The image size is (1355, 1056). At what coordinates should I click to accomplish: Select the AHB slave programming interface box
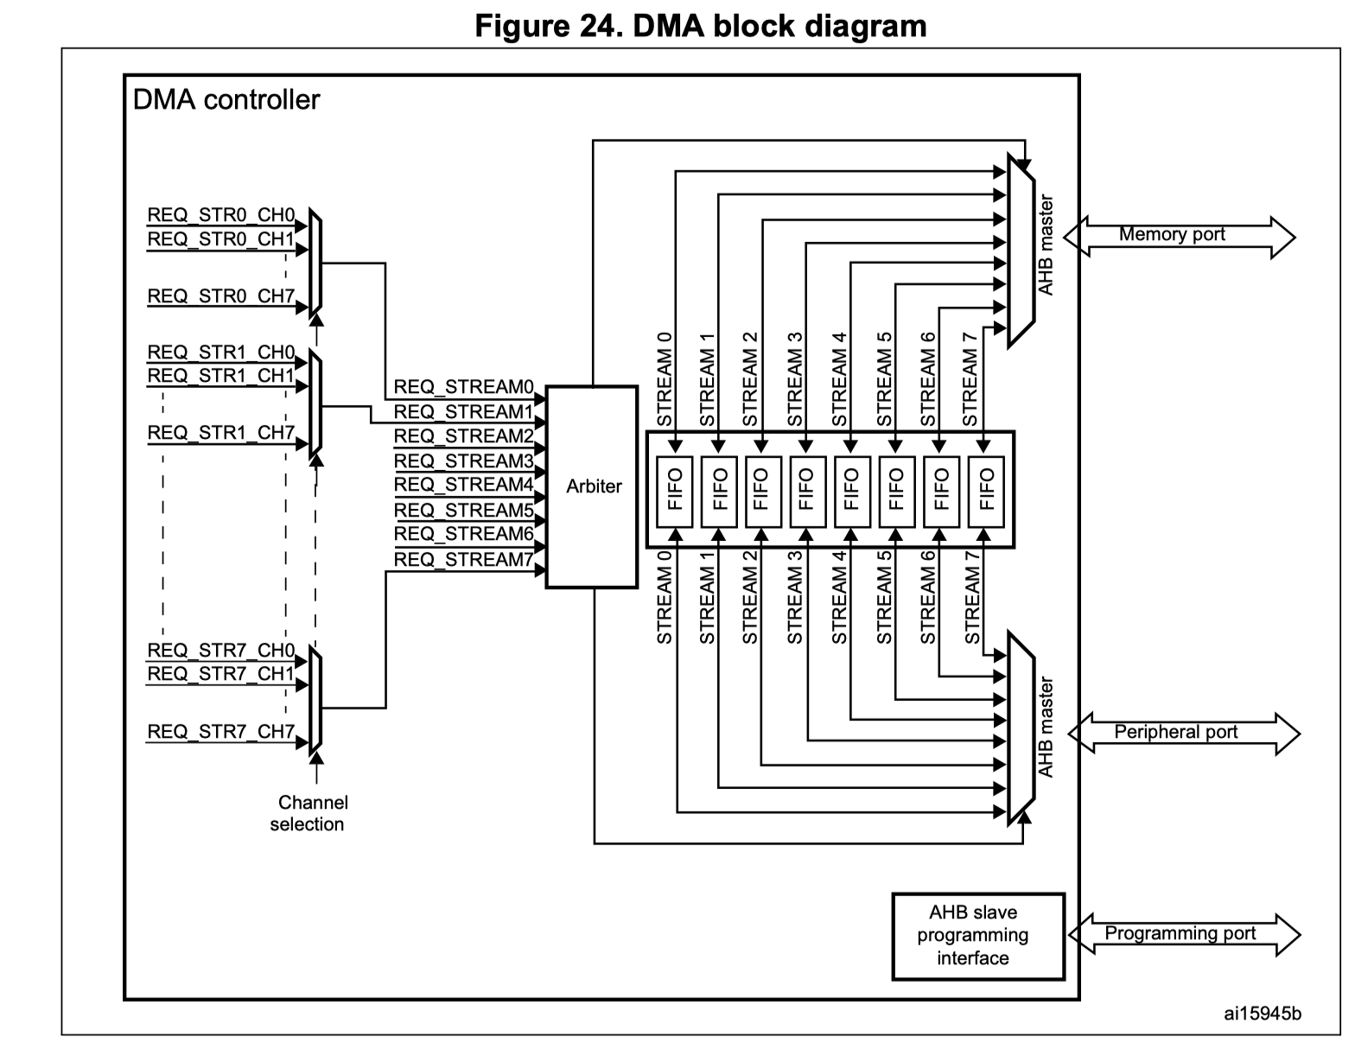977,936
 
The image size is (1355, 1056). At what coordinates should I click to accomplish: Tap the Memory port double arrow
1179,236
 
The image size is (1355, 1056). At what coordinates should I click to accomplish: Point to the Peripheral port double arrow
1183,733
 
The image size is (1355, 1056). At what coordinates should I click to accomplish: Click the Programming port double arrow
1183,934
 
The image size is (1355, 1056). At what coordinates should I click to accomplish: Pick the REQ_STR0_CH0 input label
221,215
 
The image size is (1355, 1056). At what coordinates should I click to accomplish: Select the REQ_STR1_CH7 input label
221,433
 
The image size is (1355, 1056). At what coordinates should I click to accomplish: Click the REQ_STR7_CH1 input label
221,674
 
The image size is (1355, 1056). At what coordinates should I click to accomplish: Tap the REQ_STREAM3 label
464,461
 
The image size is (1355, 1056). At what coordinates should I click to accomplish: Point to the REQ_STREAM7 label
464,560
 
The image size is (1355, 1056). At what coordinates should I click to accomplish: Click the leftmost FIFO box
675,489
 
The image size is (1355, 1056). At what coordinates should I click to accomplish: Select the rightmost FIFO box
986,489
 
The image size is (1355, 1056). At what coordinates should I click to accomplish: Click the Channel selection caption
309,813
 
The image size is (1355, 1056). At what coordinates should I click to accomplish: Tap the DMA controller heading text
226,100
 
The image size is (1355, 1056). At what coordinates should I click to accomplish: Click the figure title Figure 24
701,26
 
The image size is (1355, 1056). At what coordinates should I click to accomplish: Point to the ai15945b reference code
1262,1013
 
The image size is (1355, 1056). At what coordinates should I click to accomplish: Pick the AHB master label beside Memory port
1046,246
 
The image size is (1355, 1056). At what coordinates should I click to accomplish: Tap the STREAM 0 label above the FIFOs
665,380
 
